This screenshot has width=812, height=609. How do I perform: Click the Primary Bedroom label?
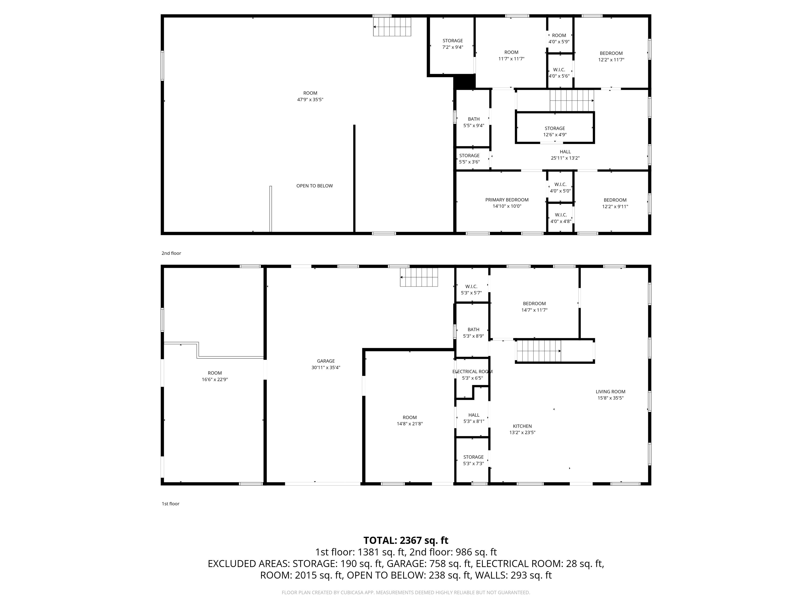point(507,200)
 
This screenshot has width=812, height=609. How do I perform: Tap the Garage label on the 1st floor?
point(326,361)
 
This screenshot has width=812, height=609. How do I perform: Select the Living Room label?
point(611,392)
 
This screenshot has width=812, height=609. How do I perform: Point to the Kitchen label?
point(522,426)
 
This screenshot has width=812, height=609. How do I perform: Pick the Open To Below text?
point(315,186)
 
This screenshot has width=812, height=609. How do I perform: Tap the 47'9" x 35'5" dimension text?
point(310,99)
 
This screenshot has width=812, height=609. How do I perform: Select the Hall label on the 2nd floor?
point(565,152)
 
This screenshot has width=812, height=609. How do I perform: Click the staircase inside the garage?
point(419,277)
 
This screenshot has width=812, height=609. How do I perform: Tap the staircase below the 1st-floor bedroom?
point(538,351)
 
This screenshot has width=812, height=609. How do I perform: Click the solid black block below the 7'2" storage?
point(465,82)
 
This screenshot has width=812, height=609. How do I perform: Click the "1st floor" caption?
point(171,504)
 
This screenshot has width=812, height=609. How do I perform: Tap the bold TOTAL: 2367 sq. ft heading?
point(406,540)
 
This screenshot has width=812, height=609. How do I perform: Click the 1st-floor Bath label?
point(474,330)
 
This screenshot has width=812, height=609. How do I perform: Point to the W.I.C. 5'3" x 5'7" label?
point(471,290)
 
